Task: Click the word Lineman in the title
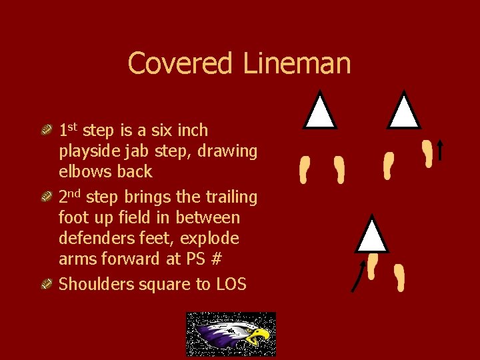(x=297, y=63)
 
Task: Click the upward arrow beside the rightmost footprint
(x=440, y=150)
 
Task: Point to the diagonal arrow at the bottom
(x=358, y=276)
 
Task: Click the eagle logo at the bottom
(x=231, y=333)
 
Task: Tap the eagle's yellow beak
(x=259, y=336)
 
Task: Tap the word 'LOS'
(x=231, y=285)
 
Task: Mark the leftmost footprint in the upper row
(x=305, y=169)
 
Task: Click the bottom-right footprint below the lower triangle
(x=399, y=277)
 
